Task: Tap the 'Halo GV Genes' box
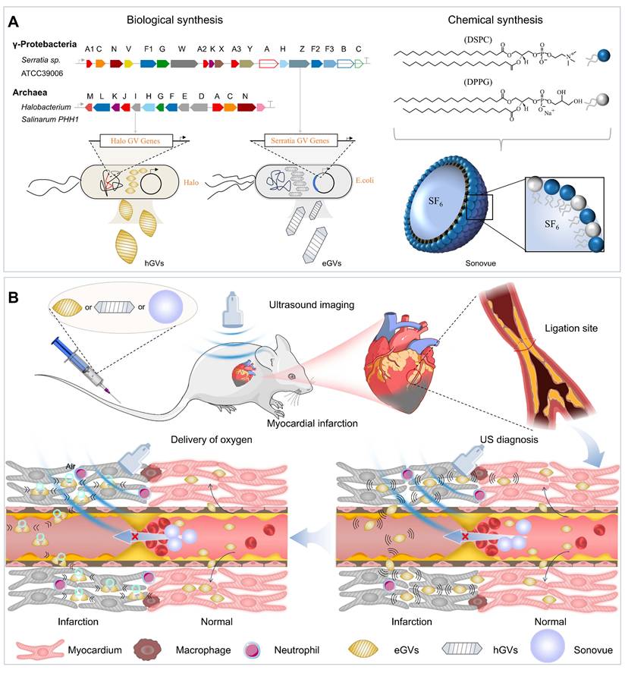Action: pos(140,140)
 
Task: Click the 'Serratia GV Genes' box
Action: pos(300,140)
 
